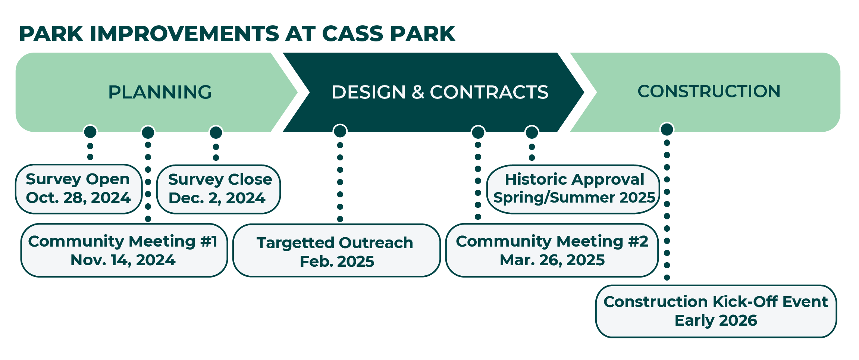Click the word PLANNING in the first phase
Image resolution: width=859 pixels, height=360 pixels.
coord(160,92)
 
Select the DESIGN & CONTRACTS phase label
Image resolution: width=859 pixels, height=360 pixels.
coord(439,92)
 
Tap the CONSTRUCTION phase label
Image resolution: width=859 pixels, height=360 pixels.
coord(709,91)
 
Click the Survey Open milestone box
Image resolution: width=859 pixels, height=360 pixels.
coord(78,189)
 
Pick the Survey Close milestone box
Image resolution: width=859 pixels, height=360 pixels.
coord(219,189)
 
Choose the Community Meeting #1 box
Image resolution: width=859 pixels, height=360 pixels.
coord(123,250)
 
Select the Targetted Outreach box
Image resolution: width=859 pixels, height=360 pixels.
coord(336,251)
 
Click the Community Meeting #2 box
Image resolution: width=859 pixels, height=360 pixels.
coord(552,250)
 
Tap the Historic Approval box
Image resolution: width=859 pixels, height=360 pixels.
coord(574,189)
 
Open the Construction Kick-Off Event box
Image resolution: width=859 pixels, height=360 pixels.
coord(715,311)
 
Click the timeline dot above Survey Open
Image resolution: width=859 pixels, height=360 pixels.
coord(90,132)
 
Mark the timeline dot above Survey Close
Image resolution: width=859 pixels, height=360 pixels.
coord(216,132)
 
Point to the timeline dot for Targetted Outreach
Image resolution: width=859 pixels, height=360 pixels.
coord(340,131)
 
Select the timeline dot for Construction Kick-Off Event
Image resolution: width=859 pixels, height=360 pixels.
coord(667,129)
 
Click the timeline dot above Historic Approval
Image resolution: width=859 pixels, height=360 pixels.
coord(532,132)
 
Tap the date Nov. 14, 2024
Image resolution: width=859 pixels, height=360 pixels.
coord(123,260)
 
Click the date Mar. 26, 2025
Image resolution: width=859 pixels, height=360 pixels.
coord(552,260)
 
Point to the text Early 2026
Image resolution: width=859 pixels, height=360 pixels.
coord(716,320)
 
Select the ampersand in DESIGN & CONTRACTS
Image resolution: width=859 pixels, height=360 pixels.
coord(418,92)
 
